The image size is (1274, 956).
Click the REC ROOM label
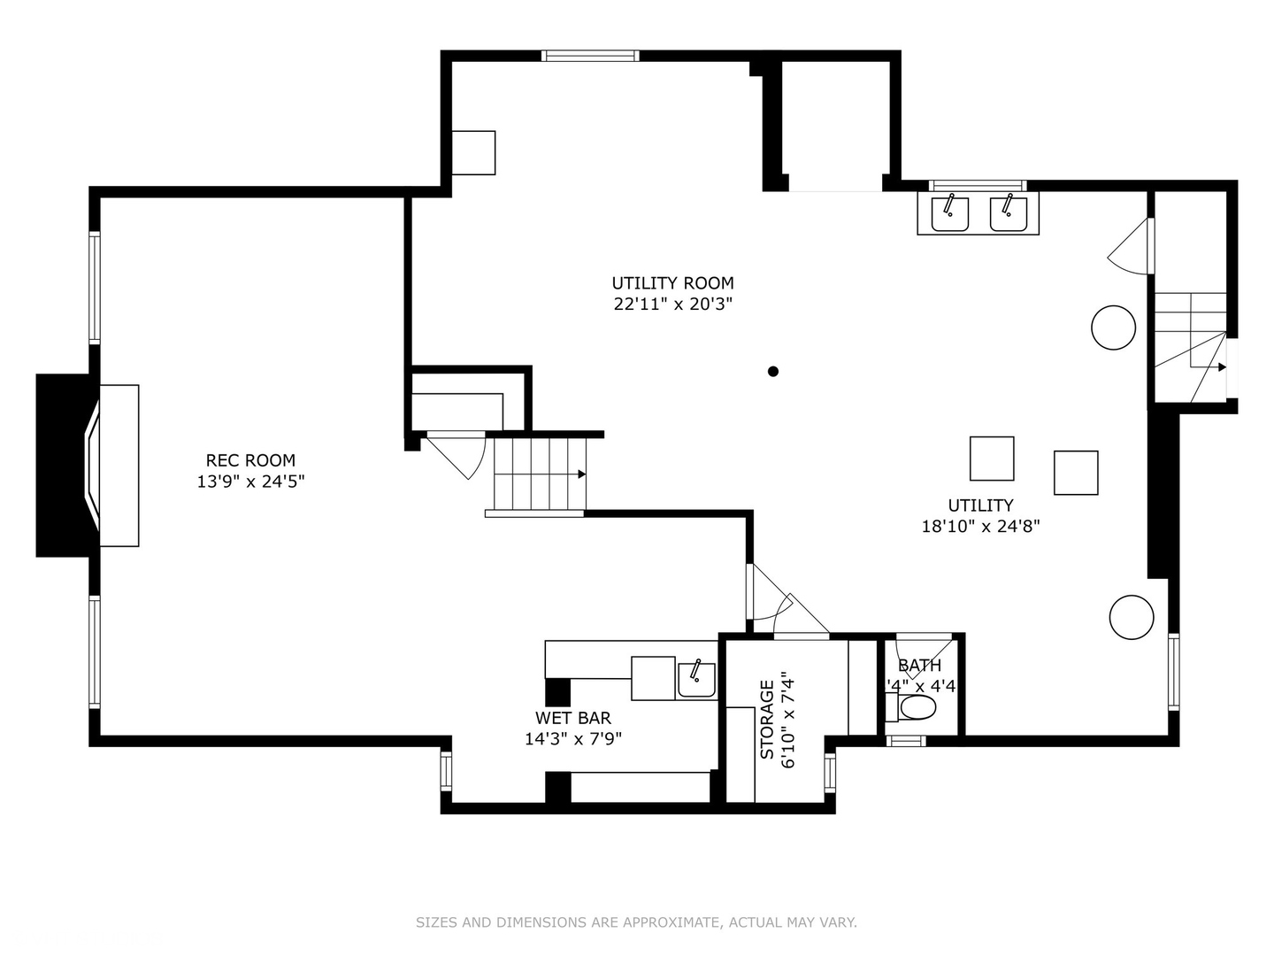click(x=250, y=460)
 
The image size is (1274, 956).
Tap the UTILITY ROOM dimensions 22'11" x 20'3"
click(x=673, y=305)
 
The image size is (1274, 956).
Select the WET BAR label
click(x=572, y=718)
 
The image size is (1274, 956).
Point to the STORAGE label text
click(x=767, y=719)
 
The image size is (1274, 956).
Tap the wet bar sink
click(x=696, y=679)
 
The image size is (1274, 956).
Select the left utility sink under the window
click(x=949, y=213)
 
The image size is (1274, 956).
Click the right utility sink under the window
click(x=1008, y=213)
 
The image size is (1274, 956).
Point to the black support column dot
click(x=772, y=372)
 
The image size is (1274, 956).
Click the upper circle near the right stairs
click(x=1113, y=328)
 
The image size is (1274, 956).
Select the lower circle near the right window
click(x=1132, y=616)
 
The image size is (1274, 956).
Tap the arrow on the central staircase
click(x=581, y=474)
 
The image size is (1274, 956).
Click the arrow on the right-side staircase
click(x=1221, y=366)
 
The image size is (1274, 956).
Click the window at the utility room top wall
click(x=589, y=56)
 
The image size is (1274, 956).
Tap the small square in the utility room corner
click(x=473, y=152)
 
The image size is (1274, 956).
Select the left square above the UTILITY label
click(x=992, y=459)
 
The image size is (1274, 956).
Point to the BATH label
click(x=919, y=666)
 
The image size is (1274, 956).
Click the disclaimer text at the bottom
click(x=636, y=922)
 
